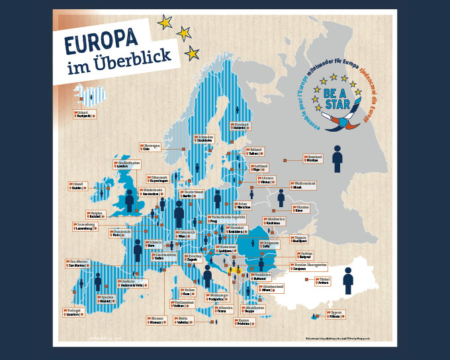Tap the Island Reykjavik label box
pyautogui.click(x=85, y=114)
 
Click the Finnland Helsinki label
pyautogui.click(x=241, y=126)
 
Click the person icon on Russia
pyautogui.click(x=337, y=159)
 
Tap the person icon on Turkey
pyautogui.click(x=348, y=280)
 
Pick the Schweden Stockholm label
pyautogui.click(x=205, y=139)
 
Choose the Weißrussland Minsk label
pyautogui.click(x=304, y=185)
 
